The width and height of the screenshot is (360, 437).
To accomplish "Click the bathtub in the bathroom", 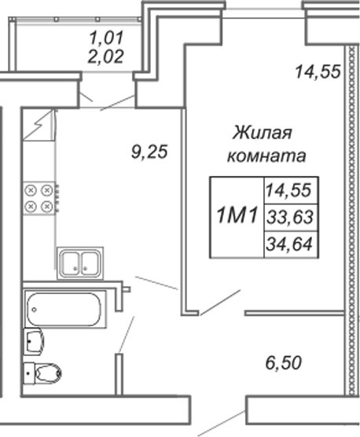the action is (x=65, y=309).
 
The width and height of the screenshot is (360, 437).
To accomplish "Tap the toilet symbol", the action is (x=42, y=373).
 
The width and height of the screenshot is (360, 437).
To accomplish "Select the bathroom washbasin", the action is (x=34, y=341).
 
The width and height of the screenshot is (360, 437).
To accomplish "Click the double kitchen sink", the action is (x=80, y=263).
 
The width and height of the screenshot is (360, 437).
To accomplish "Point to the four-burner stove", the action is (x=39, y=198).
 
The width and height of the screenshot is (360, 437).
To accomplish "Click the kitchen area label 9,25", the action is (x=149, y=152).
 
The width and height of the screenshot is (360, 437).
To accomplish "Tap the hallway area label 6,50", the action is (x=284, y=363).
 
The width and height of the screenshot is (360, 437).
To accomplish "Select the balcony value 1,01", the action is (x=106, y=38).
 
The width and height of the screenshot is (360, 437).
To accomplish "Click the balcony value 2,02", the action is (x=105, y=57).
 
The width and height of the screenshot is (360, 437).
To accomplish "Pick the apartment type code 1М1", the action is (x=237, y=215).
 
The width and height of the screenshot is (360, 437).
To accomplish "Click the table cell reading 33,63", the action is (x=290, y=217).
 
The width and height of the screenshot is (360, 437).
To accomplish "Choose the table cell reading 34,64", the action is (x=289, y=244).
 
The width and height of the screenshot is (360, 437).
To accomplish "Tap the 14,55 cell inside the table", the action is (x=288, y=190).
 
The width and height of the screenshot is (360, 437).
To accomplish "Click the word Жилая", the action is (x=263, y=132).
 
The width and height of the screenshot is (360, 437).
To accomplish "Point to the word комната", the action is (x=266, y=156).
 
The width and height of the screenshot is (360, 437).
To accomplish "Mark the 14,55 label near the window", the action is (x=318, y=72).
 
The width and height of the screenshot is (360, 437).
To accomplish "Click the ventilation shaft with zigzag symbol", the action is (x=39, y=125).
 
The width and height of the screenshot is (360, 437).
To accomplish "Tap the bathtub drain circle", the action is (x=35, y=310).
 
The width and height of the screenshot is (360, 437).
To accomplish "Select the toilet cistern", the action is (x=29, y=373).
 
